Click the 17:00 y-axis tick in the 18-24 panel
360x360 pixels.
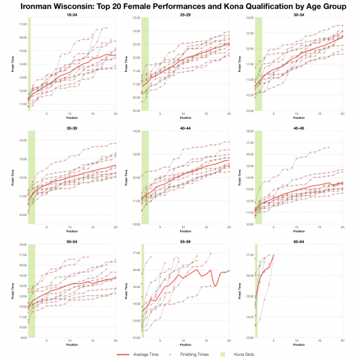point(22,25)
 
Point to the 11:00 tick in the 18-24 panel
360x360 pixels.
point(22,105)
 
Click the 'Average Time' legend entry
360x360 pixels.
point(149,354)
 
